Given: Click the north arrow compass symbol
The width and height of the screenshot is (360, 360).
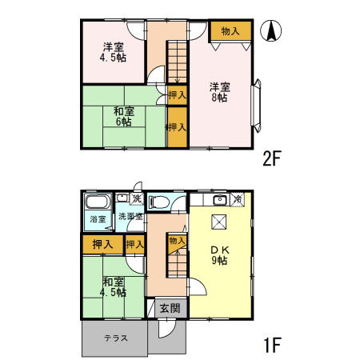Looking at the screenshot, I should click(x=272, y=31).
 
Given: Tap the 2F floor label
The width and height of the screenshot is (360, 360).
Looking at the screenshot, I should click(x=272, y=158).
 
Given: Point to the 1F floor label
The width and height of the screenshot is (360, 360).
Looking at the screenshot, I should click(x=272, y=346).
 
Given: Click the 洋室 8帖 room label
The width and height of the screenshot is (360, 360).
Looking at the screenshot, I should click(x=220, y=92).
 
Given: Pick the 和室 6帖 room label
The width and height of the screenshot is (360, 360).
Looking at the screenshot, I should click(x=123, y=117).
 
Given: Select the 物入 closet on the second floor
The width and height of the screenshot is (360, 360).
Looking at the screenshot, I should click(x=230, y=31).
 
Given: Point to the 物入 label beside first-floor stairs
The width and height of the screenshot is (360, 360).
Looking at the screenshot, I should click(x=178, y=240).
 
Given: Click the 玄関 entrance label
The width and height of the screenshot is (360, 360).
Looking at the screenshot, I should click(x=169, y=308).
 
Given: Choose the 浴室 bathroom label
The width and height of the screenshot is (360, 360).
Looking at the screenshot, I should click(x=98, y=218).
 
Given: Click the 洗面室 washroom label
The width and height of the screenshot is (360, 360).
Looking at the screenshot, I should click(x=130, y=216).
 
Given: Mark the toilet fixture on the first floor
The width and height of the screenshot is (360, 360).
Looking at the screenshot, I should click(x=158, y=202).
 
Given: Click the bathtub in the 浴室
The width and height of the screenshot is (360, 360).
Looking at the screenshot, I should click(x=98, y=202).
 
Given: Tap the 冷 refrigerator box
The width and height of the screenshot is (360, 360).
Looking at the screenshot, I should click(x=238, y=198).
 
